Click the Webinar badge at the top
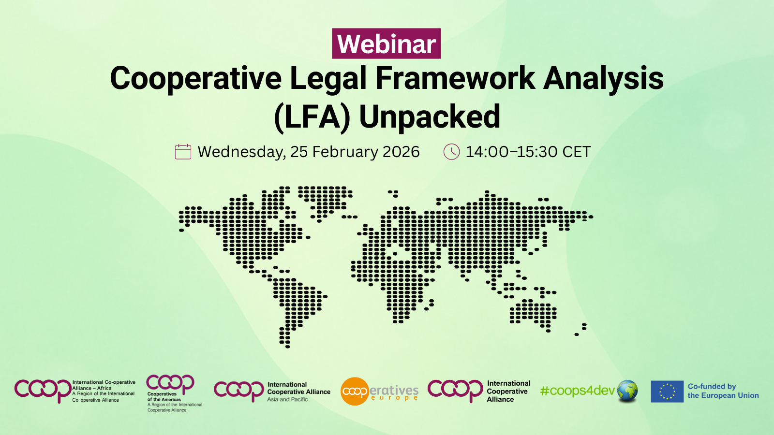(386, 44)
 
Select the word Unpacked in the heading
(430, 116)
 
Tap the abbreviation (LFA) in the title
(312, 116)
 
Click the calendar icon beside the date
(183, 152)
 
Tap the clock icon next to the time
(451, 152)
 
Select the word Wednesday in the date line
(241, 152)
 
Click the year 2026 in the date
(401, 152)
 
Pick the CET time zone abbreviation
(576, 152)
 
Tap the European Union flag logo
(667, 391)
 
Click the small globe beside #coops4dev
(627, 391)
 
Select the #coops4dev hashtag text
(577, 391)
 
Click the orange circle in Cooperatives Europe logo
(355, 391)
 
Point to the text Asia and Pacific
(287, 400)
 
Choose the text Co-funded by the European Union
(723, 391)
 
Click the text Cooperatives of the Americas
(164, 397)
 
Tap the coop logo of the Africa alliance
(43, 390)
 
